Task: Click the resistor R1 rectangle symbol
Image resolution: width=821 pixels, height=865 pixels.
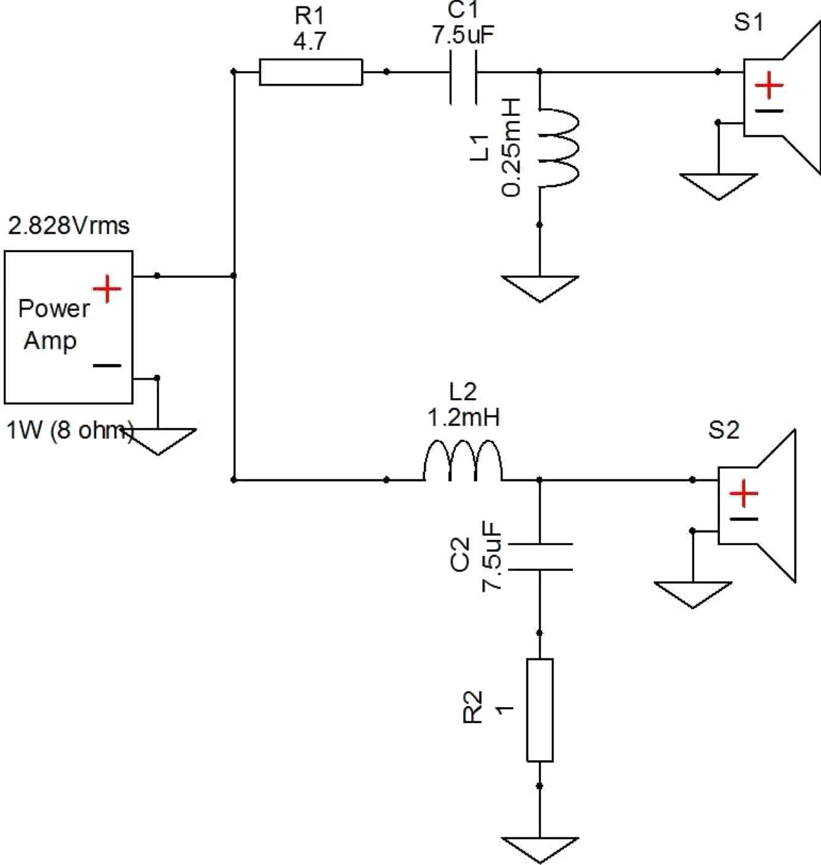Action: point(311,72)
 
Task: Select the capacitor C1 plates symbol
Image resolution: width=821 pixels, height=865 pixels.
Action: point(463,73)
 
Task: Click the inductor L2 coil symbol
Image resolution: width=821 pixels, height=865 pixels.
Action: point(463,461)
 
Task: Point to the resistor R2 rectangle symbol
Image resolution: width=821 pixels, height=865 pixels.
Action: point(540,710)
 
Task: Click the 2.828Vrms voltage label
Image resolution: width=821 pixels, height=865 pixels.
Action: point(69,226)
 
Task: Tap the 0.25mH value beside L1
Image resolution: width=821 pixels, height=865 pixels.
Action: point(512,147)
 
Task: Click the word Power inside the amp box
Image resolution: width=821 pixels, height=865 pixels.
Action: point(54,308)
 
